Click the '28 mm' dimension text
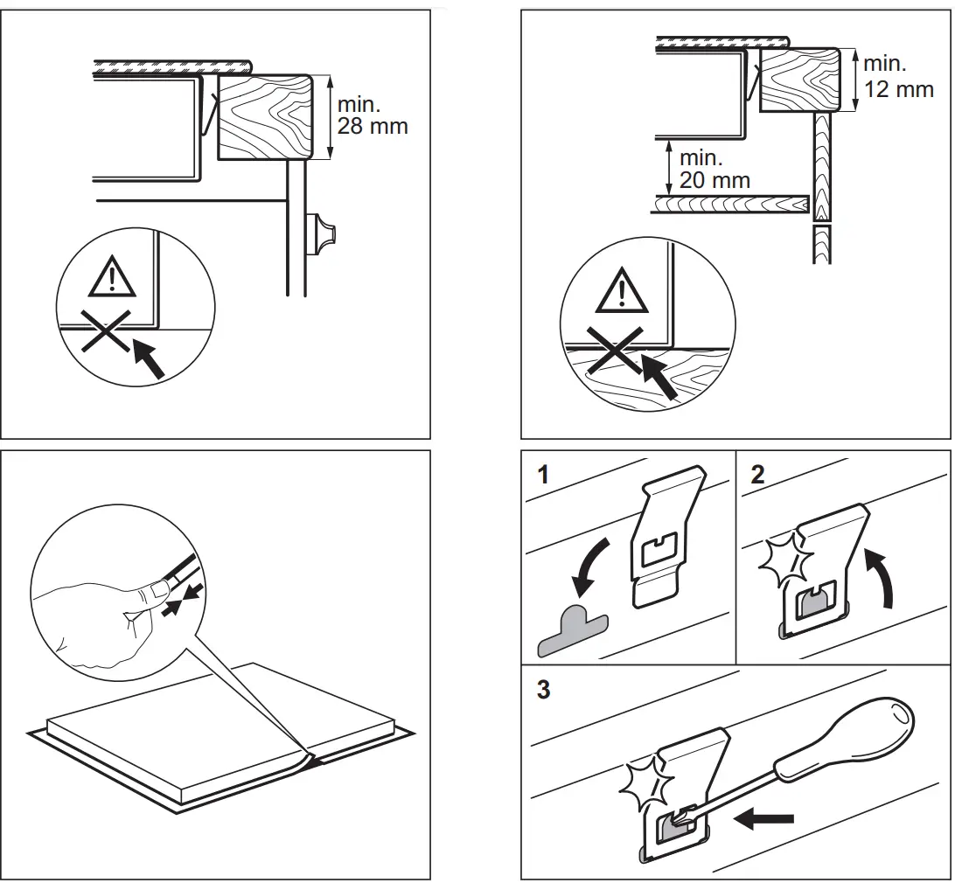click(x=373, y=126)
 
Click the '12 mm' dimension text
click(x=898, y=89)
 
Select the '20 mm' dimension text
click(x=715, y=181)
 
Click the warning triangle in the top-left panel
click(x=111, y=279)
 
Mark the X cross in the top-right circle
click(x=616, y=351)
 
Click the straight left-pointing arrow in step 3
click(x=764, y=819)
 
